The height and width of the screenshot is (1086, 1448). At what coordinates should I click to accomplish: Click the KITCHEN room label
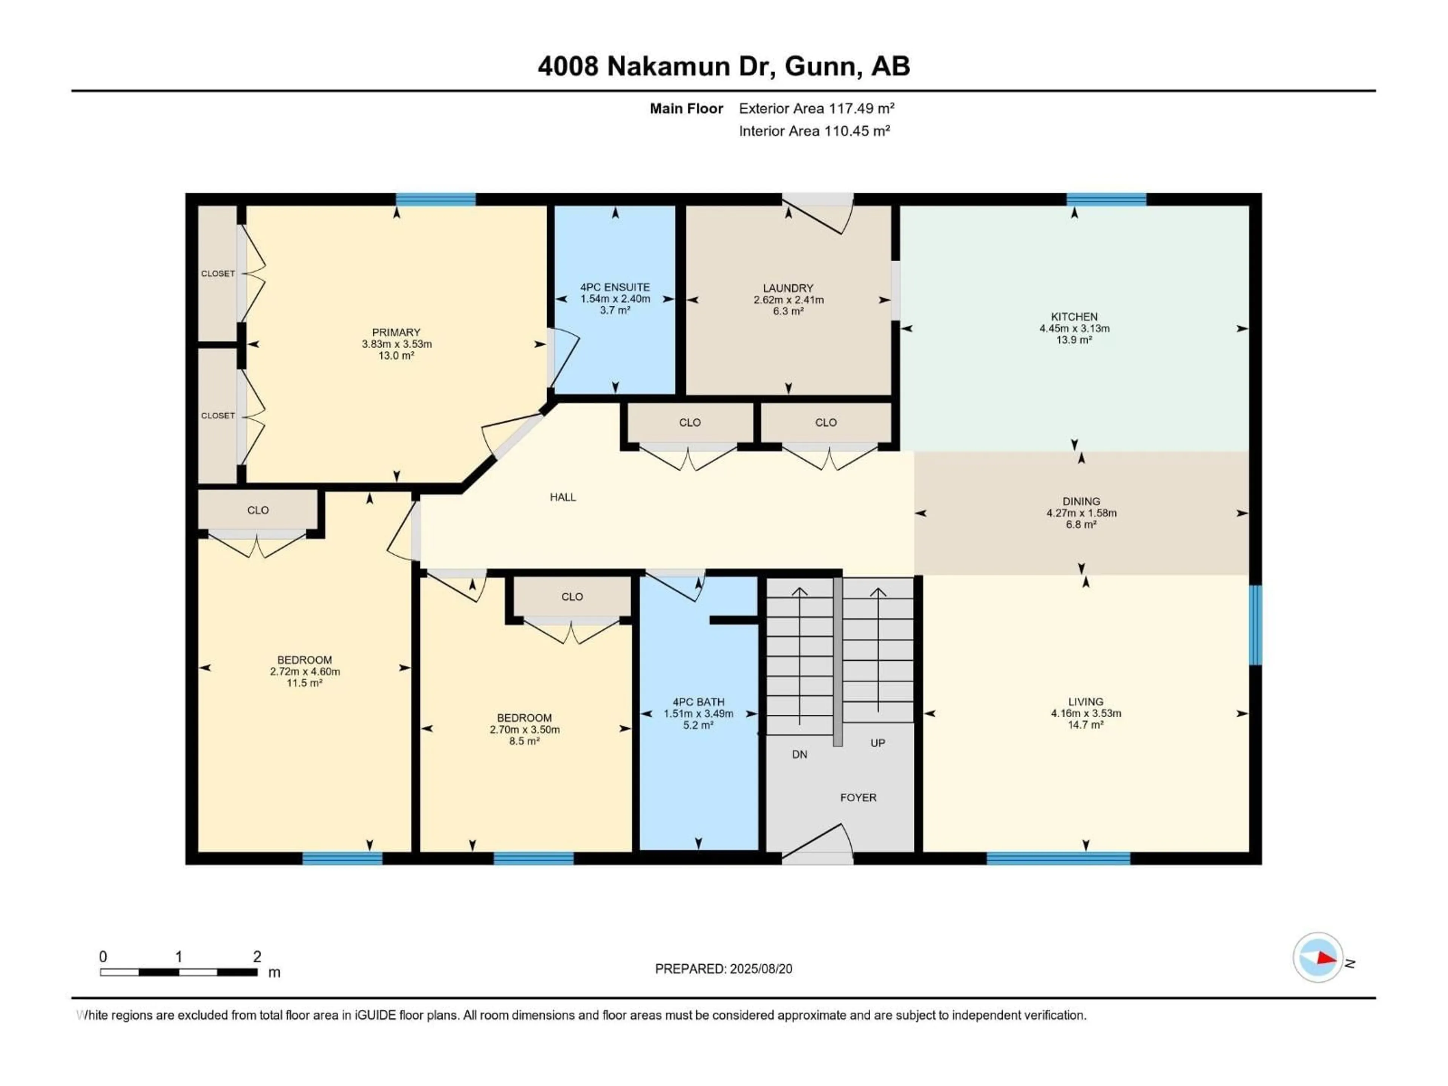point(1074,316)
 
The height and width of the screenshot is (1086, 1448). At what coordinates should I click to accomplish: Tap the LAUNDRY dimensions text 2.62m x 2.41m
point(788,300)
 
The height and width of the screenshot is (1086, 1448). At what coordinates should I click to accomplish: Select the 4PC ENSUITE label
point(615,287)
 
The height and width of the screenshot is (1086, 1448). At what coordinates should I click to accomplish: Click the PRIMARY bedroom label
point(396,332)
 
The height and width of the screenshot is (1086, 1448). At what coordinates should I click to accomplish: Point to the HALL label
point(562,497)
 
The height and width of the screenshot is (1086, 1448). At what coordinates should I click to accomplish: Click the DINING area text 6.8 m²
point(1081,525)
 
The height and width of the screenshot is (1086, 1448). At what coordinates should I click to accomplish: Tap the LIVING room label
point(1085,701)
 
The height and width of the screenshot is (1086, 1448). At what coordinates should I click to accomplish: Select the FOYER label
point(857,797)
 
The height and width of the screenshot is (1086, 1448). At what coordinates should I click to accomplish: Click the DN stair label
point(799,754)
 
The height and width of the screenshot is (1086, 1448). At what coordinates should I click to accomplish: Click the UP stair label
point(877,742)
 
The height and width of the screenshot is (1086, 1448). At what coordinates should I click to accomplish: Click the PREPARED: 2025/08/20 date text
point(723,969)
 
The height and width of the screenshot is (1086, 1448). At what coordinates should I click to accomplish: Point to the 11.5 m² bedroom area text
point(304,683)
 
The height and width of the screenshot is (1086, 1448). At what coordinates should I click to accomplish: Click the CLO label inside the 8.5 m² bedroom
point(572,596)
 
